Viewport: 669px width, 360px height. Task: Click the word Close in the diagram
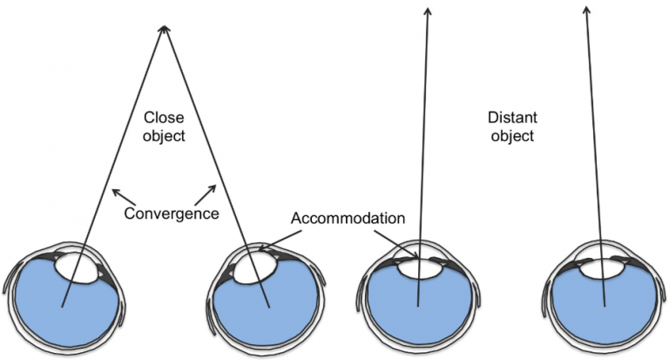tap(164, 117)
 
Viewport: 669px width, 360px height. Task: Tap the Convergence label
tap(171, 213)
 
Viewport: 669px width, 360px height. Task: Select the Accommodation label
tap(335, 217)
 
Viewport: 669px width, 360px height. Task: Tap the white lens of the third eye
tap(419, 268)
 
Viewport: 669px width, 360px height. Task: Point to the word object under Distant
tap(511, 137)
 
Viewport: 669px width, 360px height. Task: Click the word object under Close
tap(164, 137)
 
